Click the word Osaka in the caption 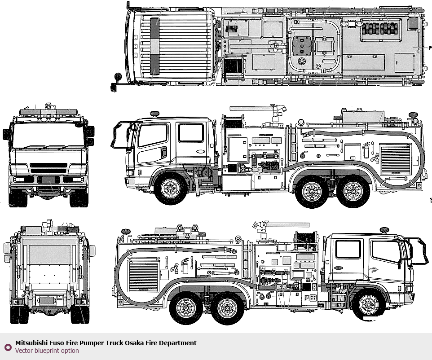[x=134, y=343]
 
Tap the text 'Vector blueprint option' [x=47, y=351]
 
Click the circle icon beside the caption [x=8, y=347]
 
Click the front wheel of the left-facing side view [x=171, y=189]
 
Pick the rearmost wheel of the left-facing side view [x=353, y=191]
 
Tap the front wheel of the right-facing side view [x=369, y=305]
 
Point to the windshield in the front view [x=48, y=136]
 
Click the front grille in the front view [x=48, y=168]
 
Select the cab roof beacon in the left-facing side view [x=154, y=114]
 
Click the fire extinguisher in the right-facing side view [x=185, y=266]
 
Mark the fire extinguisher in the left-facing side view [x=366, y=150]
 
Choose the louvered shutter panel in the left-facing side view [x=395, y=159]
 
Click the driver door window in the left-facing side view [x=152, y=136]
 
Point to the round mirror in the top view [x=118, y=76]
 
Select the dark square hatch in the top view [x=302, y=46]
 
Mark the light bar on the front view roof [x=48, y=112]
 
